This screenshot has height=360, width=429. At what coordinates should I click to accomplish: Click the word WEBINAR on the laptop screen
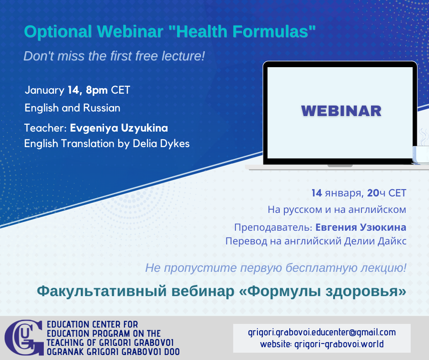pyautogui.click(x=341, y=111)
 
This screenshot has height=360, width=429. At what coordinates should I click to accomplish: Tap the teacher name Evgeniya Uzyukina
pyautogui.click(x=119, y=128)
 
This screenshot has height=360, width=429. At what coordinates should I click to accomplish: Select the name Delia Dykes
pyautogui.click(x=161, y=143)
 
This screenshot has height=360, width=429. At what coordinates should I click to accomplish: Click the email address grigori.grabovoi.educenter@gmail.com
pyautogui.click(x=322, y=332)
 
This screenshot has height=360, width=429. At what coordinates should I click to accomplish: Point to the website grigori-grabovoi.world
pyautogui.click(x=339, y=344)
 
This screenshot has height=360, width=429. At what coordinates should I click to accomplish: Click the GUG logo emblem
pyautogui.click(x=24, y=338)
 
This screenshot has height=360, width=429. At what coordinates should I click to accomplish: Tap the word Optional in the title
pyautogui.click(x=58, y=32)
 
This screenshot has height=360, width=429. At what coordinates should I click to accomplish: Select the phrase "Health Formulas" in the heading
pyautogui.click(x=242, y=31)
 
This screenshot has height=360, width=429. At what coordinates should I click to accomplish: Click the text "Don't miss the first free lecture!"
pyautogui.click(x=114, y=56)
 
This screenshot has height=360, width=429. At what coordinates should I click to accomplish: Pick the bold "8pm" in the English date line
pyautogui.click(x=97, y=90)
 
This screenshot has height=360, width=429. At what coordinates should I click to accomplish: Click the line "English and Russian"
pyautogui.click(x=73, y=108)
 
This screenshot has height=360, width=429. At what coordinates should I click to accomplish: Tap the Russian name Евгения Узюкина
pyautogui.click(x=361, y=228)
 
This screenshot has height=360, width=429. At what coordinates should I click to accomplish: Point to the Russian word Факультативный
pyautogui.click(x=102, y=291)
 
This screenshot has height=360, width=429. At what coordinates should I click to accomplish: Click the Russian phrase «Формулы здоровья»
pyautogui.click(x=323, y=291)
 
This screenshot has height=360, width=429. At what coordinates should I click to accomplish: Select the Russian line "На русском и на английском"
pyautogui.click(x=337, y=210)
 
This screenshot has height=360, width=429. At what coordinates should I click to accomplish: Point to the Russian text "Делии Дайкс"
pyautogui.click(x=375, y=241)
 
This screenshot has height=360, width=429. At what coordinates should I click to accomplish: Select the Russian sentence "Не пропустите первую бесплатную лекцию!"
pyautogui.click(x=276, y=268)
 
